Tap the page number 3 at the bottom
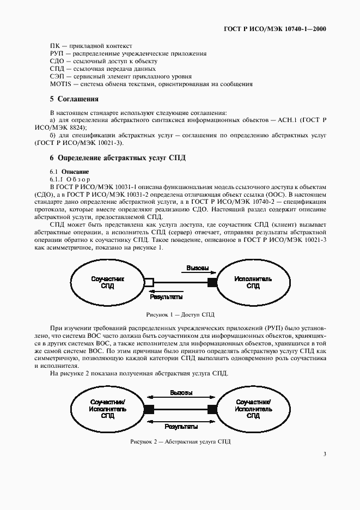pos(324,453)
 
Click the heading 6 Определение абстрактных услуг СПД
pos(118,158)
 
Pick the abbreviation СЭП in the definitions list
pos(56,77)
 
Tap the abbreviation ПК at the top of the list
pos(55,46)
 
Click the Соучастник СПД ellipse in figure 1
pos(108,282)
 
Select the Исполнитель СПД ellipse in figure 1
pos(253,282)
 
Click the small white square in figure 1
pos(149,282)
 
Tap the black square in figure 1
pos(212,282)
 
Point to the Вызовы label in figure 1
pos(197,269)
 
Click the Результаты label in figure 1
pos(166,297)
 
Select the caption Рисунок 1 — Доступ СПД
pos(180,315)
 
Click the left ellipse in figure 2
pos(108,408)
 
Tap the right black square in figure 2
pos(212,408)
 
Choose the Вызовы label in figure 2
pos(180,393)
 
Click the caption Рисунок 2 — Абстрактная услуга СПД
pos(180,441)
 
